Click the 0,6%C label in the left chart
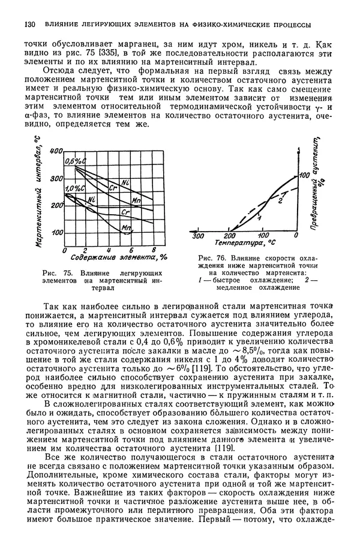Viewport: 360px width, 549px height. tap(76, 161)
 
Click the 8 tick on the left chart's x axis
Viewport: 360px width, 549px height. tap(154, 250)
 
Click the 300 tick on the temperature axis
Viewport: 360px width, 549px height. tap(197, 236)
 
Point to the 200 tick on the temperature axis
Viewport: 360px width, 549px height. tap(231, 236)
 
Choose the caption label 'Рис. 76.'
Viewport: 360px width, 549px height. tap(212, 259)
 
